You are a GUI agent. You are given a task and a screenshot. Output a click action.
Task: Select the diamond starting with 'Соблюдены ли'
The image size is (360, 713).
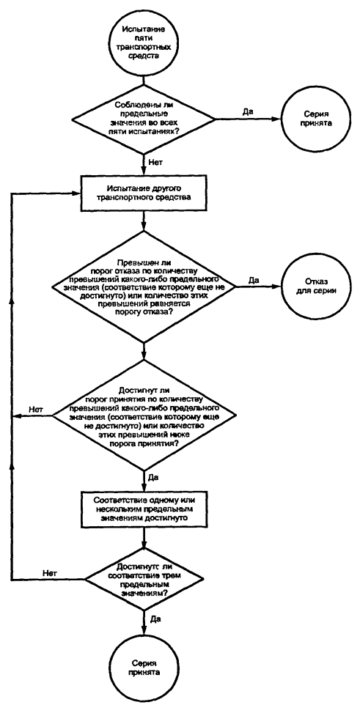[x=144, y=120]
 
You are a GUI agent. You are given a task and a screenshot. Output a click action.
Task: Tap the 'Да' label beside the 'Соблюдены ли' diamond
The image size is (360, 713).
[x=248, y=112]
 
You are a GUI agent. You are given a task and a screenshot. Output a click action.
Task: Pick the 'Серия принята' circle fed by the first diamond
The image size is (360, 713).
[x=310, y=120]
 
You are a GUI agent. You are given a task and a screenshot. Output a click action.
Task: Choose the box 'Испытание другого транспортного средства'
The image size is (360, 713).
[x=144, y=195]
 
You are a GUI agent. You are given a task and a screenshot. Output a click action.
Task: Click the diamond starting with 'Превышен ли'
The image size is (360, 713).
[x=144, y=287]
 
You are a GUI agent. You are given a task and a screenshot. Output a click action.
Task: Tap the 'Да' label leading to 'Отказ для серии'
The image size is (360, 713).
[x=254, y=281]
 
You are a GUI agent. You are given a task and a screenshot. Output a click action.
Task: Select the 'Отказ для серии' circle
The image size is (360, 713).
[x=310, y=287]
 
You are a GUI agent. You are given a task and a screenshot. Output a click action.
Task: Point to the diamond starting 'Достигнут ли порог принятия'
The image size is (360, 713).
[x=144, y=415]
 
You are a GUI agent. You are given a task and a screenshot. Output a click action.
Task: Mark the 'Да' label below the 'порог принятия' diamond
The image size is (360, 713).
[x=154, y=479]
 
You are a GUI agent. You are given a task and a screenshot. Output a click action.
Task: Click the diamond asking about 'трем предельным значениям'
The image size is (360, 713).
[x=144, y=580]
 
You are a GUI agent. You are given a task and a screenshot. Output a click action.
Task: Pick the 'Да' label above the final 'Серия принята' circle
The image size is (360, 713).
[x=154, y=620]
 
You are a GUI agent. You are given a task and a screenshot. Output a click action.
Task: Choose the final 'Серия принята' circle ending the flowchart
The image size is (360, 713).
[x=144, y=669]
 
